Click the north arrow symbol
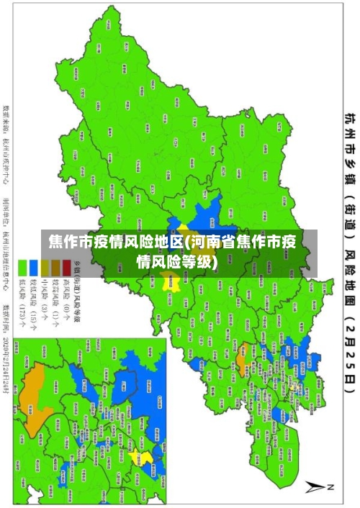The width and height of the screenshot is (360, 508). point(318,487)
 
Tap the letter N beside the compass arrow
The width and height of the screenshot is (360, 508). point(332,487)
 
